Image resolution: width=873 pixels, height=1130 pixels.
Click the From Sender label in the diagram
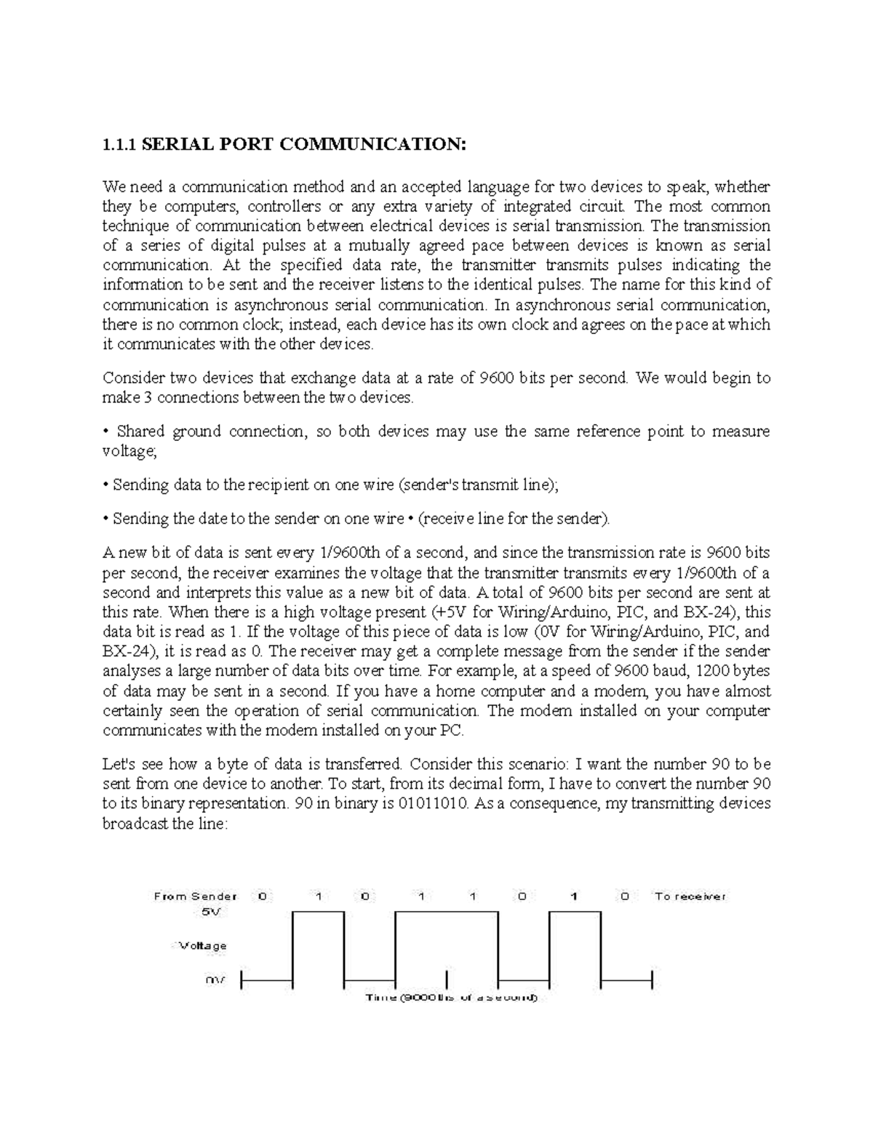coord(195,896)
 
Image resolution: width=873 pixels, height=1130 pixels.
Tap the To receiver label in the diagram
coord(690,896)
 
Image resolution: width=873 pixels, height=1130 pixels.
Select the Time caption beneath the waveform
coord(450,998)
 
